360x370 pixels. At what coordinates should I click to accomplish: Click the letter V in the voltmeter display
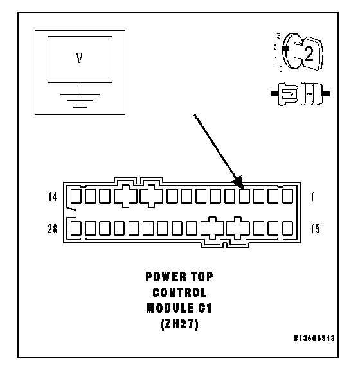(x=79, y=58)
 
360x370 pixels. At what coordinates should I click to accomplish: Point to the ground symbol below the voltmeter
(x=80, y=101)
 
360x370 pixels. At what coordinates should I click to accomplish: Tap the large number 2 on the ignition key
(x=309, y=54)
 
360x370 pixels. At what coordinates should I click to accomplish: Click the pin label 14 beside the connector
(x=53, y=197)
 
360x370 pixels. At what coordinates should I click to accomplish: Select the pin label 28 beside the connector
(x=53, y=229)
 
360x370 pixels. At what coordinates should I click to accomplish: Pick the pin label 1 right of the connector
(x=313, y=197)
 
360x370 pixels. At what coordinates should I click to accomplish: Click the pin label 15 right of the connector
(x=316, y=229)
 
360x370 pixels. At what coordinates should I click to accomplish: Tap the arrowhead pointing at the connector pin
(x=238, y=182)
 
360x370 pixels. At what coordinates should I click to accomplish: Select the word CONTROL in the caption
(x=179, y=293)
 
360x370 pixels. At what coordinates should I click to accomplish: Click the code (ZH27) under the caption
(x=180, y=324)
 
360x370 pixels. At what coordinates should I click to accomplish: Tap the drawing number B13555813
(x=314, y=339)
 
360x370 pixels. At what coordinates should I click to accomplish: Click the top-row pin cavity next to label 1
(x=288, y=197)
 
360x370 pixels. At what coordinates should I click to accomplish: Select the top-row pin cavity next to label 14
(x=76, y=197)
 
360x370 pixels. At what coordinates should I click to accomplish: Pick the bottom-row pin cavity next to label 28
(x=76, y=228)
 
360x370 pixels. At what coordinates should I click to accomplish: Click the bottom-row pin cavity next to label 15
(x=288, y=228)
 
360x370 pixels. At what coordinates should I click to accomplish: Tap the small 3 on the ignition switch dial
(x=279, y=36)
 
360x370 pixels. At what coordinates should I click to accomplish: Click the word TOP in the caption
(x=203, y=277)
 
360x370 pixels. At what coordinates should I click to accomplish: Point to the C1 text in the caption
(x=205, y=308)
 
